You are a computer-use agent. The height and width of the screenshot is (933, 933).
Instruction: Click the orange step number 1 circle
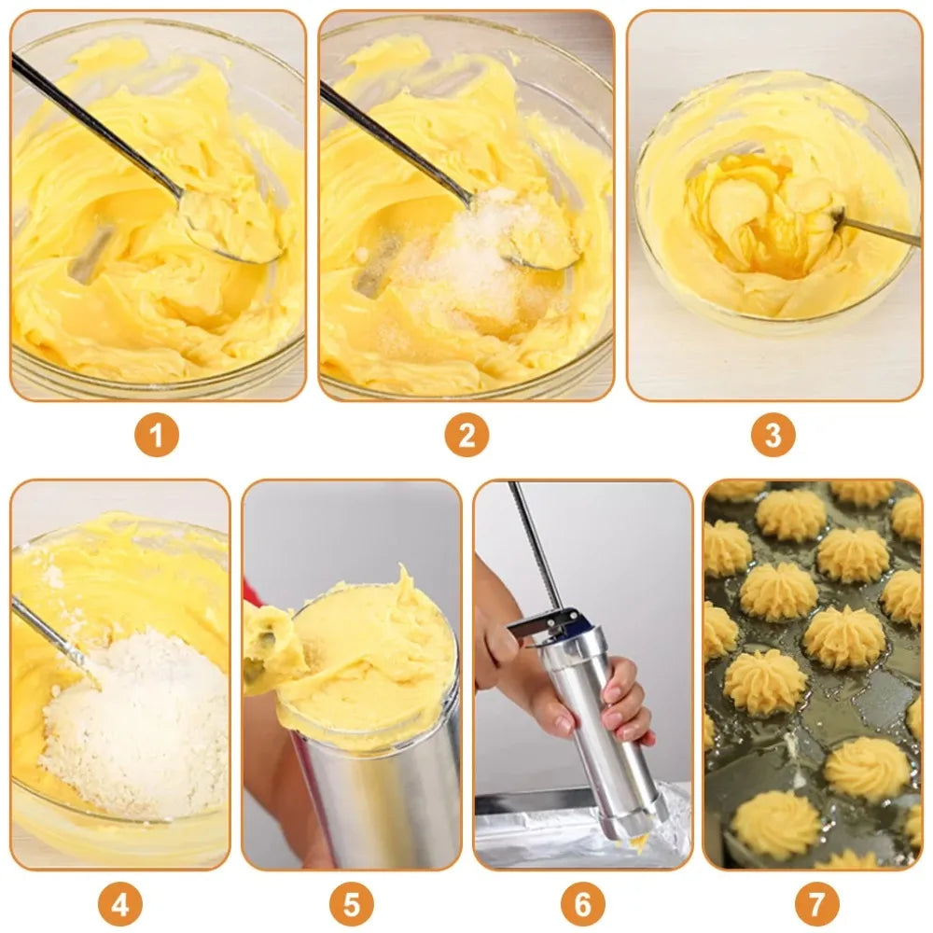(156, 436)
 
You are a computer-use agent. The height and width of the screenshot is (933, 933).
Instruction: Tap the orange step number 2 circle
(466, 436)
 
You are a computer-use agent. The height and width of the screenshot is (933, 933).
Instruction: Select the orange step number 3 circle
(773, 436)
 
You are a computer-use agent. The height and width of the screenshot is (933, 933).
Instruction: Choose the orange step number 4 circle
(119, 903)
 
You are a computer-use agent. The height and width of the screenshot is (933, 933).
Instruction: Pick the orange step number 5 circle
(351, 903)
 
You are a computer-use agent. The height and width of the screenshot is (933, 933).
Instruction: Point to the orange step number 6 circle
(583, 903)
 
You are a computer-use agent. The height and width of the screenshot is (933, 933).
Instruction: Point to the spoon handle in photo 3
(882, 230)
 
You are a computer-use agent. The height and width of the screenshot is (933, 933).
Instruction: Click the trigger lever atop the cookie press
(546, 623)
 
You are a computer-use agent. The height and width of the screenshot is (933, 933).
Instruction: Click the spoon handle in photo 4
(51, 634)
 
